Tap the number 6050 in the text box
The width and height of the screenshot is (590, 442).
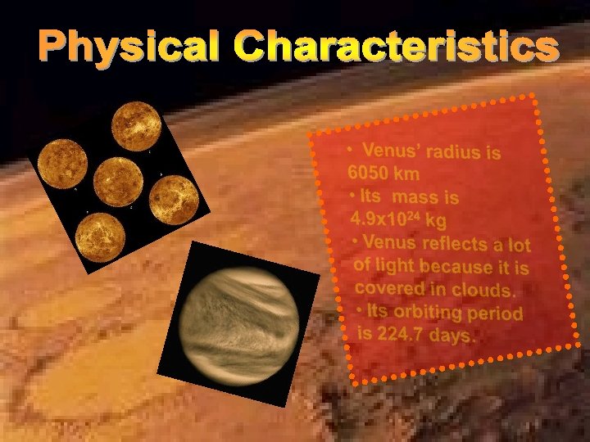[x=365, y=173]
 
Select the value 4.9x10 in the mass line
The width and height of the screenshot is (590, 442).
[x=380, y=220]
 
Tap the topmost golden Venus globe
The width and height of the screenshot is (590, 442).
[x=136, y=124]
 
